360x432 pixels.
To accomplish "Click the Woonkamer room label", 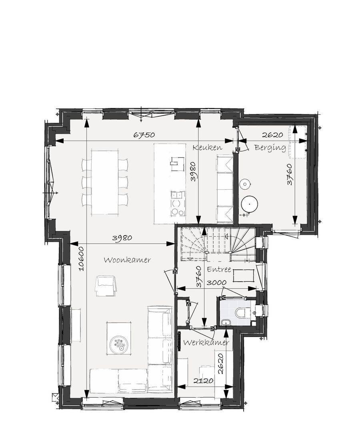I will pos(127,260).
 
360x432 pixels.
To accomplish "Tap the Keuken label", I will pos(207,148).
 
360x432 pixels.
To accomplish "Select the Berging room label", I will pos(270,148).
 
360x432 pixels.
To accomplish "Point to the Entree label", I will pos(219,270).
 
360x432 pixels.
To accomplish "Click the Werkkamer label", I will pos(206,343).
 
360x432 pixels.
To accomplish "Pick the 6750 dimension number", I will pos(144,135).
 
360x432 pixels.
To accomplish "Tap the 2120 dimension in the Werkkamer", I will pos(203,381).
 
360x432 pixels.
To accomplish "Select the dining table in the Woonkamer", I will pos(105,182).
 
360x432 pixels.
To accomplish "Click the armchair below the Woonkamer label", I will pos(106,286).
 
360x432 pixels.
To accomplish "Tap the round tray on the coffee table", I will pos(119,343).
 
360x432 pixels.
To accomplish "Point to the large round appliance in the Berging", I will pos(250,204).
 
